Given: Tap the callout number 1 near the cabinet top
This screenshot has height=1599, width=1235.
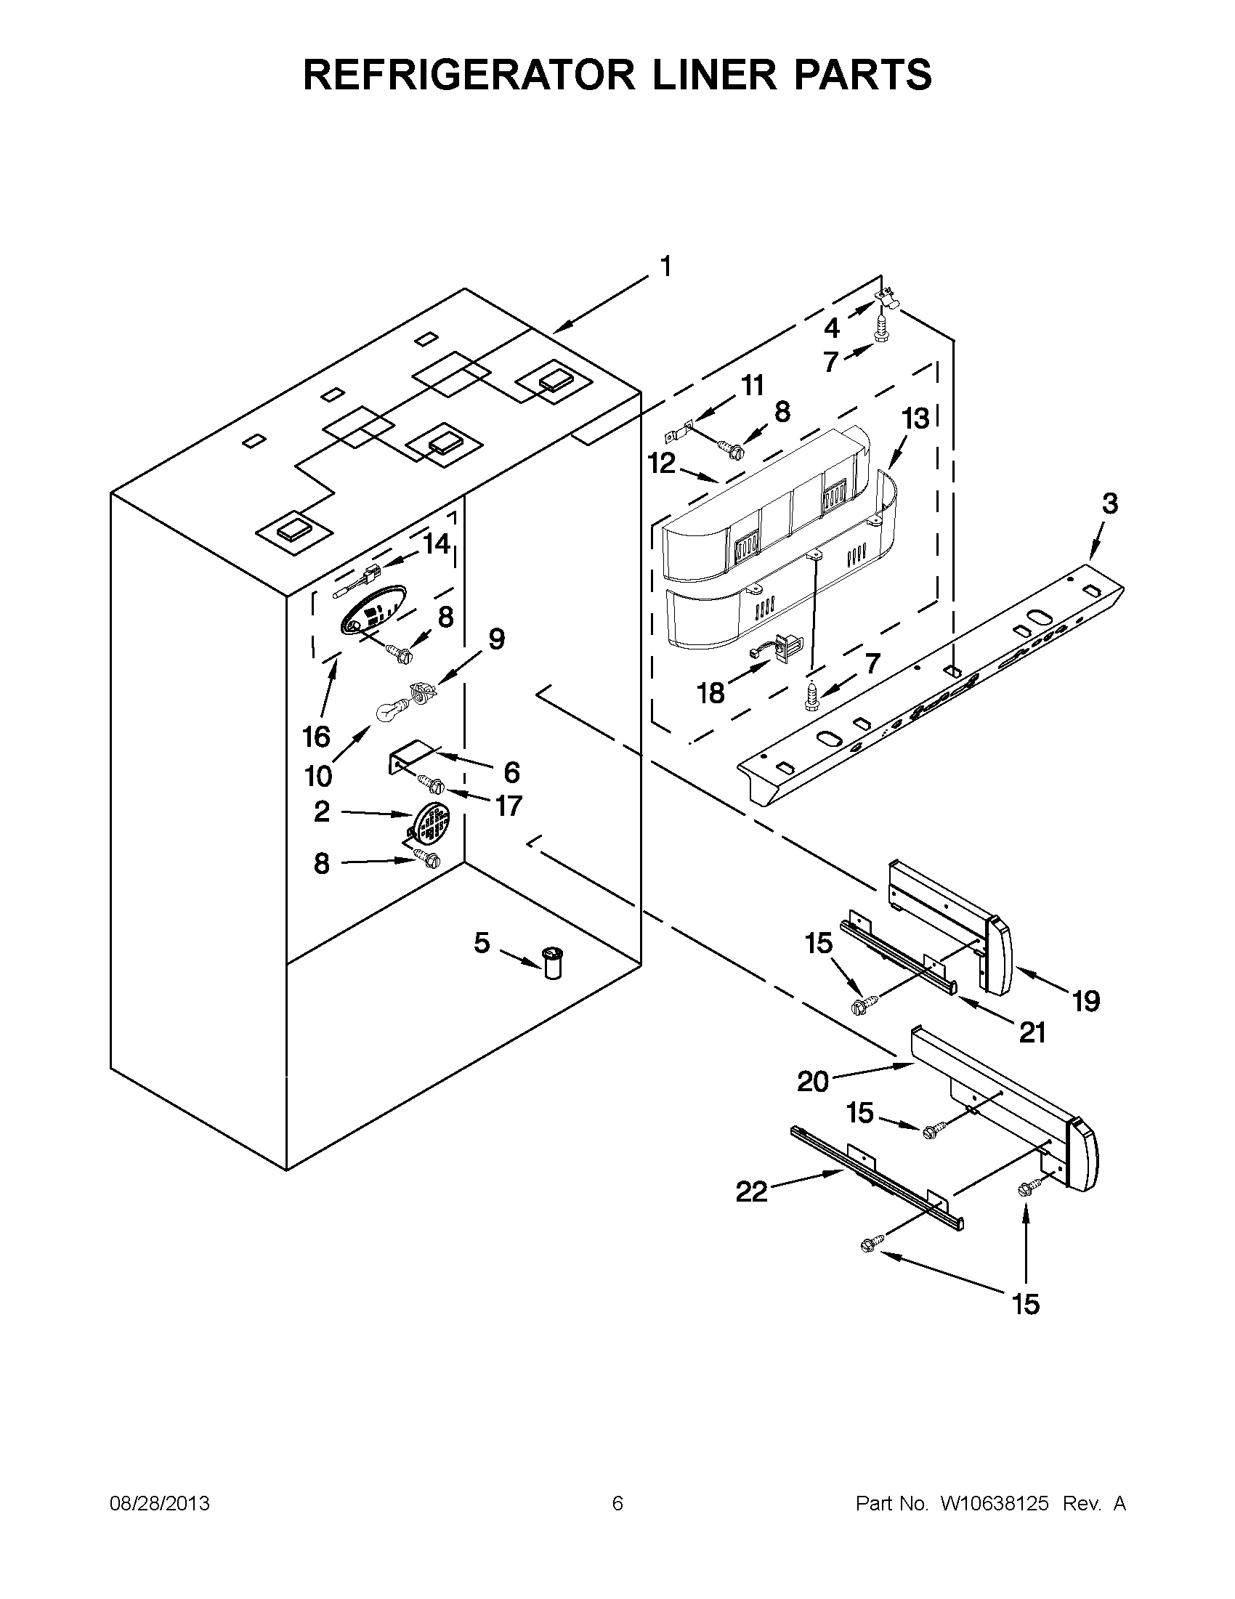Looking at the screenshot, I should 665,268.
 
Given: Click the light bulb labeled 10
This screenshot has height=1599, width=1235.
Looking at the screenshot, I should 389,711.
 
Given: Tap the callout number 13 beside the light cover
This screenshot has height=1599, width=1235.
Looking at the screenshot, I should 915,418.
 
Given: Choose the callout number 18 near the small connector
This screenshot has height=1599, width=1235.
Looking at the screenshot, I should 710,692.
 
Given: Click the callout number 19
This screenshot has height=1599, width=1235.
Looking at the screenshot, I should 1085,1000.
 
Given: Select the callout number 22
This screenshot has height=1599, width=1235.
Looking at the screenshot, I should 751,1193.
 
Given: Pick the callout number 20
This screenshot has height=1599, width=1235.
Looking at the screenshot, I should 812,1081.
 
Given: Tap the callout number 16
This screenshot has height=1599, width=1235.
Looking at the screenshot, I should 316,737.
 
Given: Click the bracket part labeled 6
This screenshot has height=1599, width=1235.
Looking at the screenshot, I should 410,757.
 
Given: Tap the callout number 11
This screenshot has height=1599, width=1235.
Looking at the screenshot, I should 752,386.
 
